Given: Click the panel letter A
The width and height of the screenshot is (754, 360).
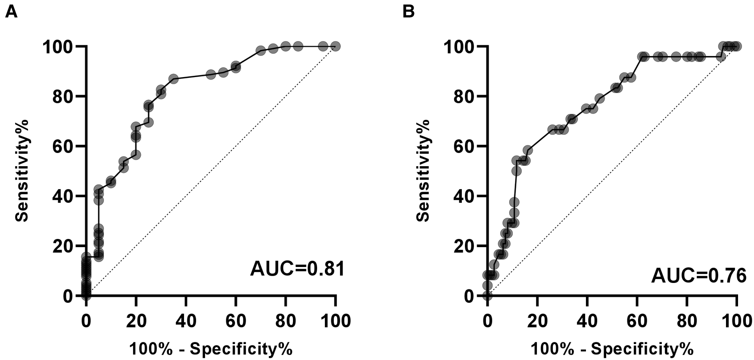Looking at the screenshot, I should coord(11,12).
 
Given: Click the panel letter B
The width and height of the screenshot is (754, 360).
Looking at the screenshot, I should coord(408,12).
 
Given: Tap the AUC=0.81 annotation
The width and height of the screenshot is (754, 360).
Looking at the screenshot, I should coord(297,269).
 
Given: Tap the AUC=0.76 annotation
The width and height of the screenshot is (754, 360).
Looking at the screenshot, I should coord(698,275).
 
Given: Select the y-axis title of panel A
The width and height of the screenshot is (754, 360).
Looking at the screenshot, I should coord(22,171).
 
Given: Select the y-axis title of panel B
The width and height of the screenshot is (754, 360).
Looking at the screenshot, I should coord(423,171).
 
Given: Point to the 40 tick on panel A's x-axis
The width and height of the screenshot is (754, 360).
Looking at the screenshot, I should coord(186,321).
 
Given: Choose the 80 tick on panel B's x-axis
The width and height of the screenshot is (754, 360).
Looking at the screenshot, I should coord(687,321).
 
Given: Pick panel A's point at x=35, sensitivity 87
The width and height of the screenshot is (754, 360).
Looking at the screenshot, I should coord(174,79).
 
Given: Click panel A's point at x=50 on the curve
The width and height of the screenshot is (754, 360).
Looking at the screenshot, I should coord(211,74).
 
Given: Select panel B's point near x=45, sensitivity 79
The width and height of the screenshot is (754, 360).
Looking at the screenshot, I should coord(599,99).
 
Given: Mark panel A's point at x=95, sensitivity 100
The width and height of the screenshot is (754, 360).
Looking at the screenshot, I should coord(323,46).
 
